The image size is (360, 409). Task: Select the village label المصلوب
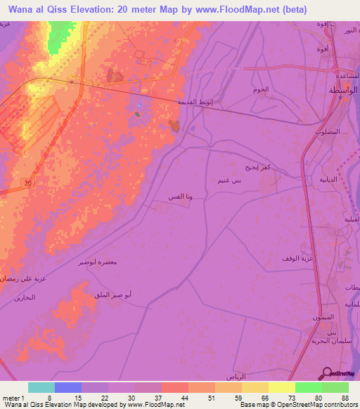[328, 131]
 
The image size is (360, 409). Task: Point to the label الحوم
[259, 91]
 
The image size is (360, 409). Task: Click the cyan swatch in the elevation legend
[41, 387]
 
